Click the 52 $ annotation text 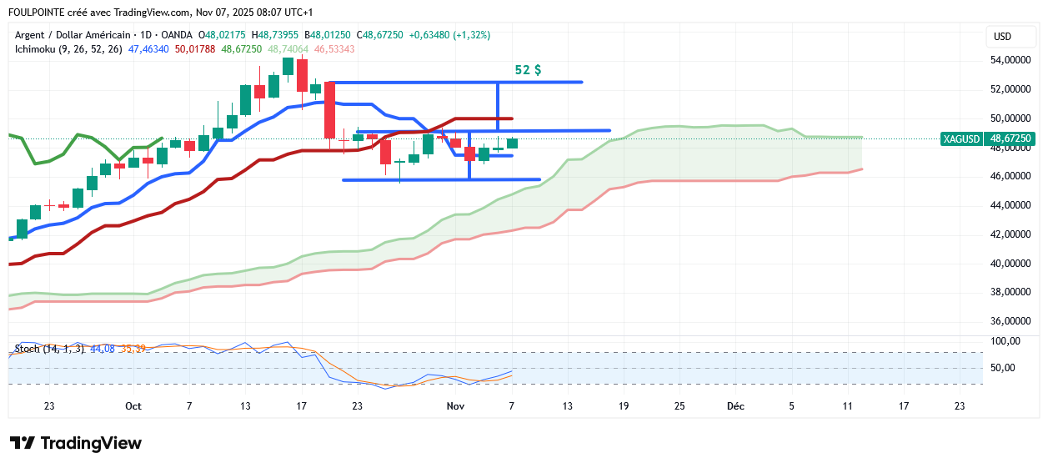point(528,70)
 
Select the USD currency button point(1002,37)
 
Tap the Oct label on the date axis point(133,406)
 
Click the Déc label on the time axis point(735,406)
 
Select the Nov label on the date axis point(454,406)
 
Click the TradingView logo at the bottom point(76,443)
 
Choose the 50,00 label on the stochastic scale point(1004,368)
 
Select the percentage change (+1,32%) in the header point(469,35)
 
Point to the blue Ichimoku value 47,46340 point(149,49)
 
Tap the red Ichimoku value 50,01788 point(195,49)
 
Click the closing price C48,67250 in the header point(379,35)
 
